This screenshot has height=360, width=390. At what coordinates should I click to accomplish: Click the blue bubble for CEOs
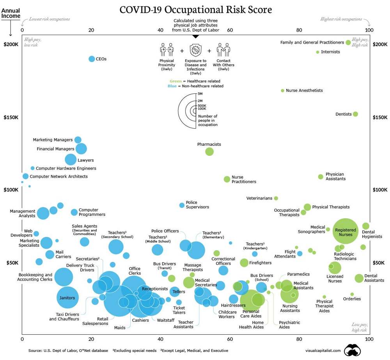(x=92, y=59)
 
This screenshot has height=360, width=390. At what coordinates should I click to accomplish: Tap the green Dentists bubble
(x=355, y=114)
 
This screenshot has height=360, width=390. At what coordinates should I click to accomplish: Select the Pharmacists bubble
(x=209, y=152)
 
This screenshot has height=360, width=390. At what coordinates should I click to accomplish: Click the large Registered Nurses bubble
(x=346, y=232)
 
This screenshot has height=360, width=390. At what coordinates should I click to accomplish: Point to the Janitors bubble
(x=68, y=298)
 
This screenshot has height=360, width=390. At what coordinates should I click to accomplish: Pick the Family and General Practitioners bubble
(x=348, y=42)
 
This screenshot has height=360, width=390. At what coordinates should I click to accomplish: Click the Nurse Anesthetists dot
(x=283, y=90)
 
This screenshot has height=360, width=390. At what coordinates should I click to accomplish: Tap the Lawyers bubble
(x=71, y=159)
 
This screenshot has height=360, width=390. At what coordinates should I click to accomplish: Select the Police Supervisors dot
(x=182, y=205)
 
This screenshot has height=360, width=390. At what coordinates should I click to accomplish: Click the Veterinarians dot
(x=276, y=198)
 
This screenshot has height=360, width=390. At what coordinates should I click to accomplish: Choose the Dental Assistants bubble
(x=359, y=278)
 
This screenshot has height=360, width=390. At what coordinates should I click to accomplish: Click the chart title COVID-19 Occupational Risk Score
(x=196, y=9)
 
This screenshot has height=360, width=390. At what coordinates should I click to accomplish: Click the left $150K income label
(x=11, y=118)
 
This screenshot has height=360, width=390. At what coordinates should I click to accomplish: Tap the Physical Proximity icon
(x=167, y=50)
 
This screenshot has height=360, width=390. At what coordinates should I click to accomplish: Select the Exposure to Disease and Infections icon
(x=195, y=50)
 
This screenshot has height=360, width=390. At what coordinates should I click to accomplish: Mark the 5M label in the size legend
(x=200, y=94)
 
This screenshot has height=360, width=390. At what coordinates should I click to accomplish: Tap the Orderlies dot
(x=352, y=294)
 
